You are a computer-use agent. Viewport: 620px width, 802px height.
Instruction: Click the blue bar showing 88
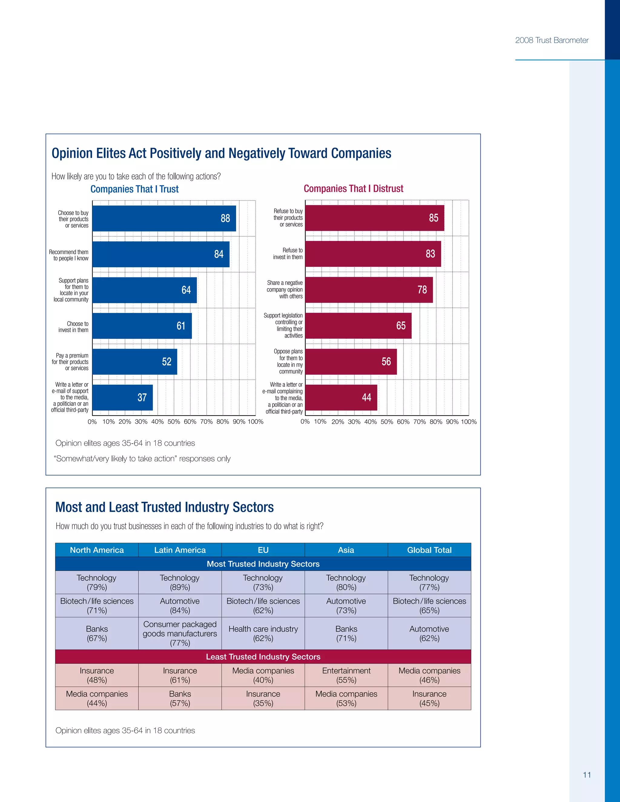click(x=164, y=218)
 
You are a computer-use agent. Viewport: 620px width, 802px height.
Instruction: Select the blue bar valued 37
click(x=122, y=397)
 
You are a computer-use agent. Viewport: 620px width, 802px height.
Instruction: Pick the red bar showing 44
click(x=341, y=397)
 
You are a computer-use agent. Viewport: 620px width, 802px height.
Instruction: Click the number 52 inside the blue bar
click(x=167, y=362)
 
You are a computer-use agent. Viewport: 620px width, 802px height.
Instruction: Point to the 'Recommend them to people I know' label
click(x=69, y=255)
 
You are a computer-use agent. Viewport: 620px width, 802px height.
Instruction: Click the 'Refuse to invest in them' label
click(x=288, y=254)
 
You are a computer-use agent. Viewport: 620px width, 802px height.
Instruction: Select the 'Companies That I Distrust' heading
click(x=353, y=189)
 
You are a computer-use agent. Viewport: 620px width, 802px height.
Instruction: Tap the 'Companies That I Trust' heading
click(x=134, y=189)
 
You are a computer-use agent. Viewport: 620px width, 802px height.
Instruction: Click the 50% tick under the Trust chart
click(x=174, y=422)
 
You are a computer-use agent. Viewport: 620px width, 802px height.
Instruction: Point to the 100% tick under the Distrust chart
click(x=469, y=422)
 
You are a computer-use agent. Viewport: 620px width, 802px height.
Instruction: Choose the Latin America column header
click(x=180, y=550)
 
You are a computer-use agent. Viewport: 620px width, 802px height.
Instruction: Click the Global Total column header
click(x=429, y=550)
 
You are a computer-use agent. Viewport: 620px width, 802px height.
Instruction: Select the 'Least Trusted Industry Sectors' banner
click(x=263, y=657)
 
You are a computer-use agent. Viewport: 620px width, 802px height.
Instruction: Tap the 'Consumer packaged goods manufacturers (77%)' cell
click(x=180, y=633)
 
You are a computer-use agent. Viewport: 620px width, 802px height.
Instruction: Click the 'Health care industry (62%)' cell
click(x=263, y=633)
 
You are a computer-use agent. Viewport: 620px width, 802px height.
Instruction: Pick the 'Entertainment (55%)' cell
click(x=346, y=675)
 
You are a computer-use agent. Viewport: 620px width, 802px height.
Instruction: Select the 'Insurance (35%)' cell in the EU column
click(x=263, y=698)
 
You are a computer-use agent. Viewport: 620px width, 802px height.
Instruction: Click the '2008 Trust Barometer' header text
click(x=551, y=40)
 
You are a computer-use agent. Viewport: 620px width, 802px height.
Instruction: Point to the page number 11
click(x=587, y=775)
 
